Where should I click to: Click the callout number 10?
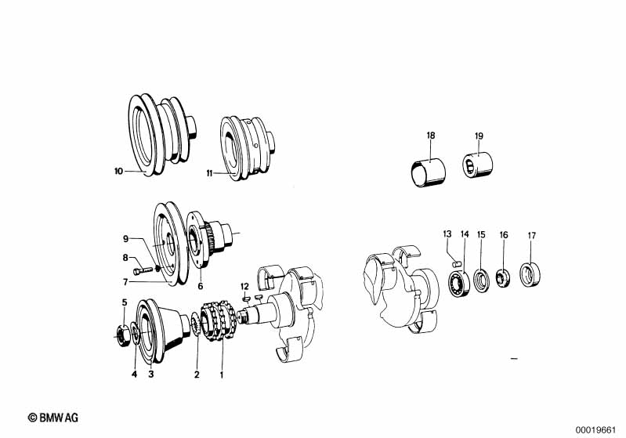coord(118,170)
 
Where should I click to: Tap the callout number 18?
coord(430,136)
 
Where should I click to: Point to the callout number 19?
coord(479,136)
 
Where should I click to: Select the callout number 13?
coord(447,233)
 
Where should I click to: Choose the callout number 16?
coord(504,234)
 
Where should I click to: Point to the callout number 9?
coord(124,238)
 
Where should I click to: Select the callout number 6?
coord(200,286)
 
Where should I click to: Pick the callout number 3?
coord(150,375)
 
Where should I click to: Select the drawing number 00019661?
coord(599,429)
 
